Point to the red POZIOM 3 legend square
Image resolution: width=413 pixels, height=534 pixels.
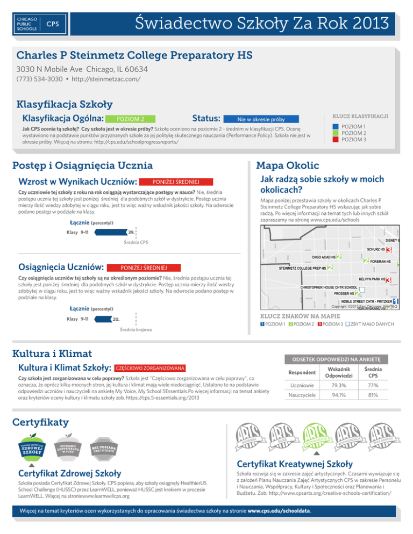334,140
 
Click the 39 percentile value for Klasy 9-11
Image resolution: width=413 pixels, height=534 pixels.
131,233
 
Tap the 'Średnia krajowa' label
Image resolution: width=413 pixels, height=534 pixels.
136,329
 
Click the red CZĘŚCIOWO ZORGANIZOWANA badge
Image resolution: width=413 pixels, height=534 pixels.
150,368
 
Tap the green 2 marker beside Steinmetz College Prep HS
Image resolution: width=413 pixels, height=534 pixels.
329,268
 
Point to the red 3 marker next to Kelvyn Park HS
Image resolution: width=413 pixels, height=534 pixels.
387,280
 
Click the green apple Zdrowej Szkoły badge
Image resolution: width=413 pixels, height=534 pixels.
32,442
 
